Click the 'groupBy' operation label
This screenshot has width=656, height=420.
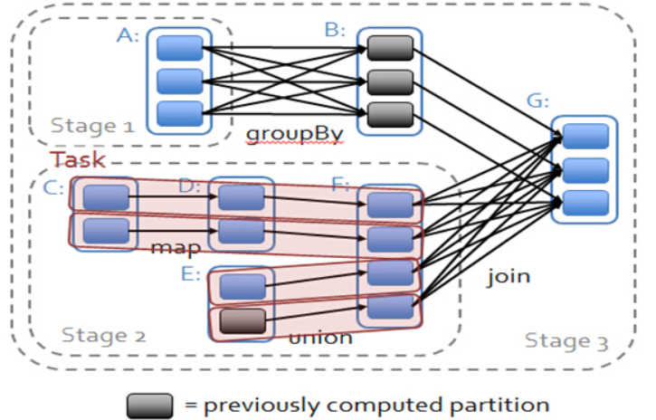coord(295,135)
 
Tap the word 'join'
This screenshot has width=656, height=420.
coord(509,276)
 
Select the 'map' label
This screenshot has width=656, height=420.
coord(176,248)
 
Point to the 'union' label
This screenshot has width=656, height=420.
coord(320,338)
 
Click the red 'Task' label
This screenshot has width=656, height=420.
coord(78,159)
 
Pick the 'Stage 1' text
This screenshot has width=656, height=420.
coord(92,126)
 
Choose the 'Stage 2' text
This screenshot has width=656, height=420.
coord(104,335)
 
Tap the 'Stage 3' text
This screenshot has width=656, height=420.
coord(566,341)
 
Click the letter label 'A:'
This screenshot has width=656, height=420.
coord(128,35)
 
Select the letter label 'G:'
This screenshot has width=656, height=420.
coord(537,100)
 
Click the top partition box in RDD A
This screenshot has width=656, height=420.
coord(180,48)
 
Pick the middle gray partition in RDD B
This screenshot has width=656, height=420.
coord(390,82)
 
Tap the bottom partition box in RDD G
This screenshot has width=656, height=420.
coord(585,203)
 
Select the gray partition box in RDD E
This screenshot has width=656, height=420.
coord(242,321)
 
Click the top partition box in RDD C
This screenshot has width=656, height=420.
coord(106,197)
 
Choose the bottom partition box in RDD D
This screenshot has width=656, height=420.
coord(242,232)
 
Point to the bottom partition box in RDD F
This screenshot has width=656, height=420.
coord(390,307)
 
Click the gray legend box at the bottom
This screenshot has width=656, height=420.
coord(150,406)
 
